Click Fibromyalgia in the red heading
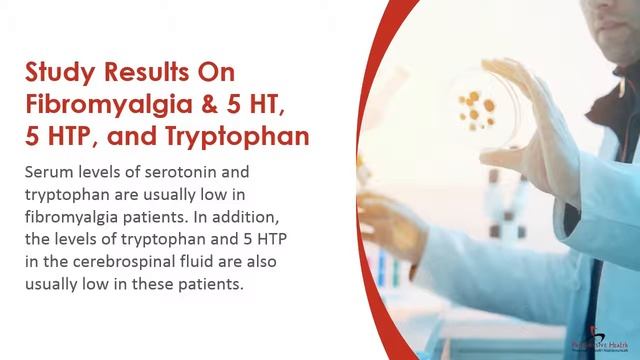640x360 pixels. [x=98, y=105]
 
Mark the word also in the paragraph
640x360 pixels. [x=246, y=262]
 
